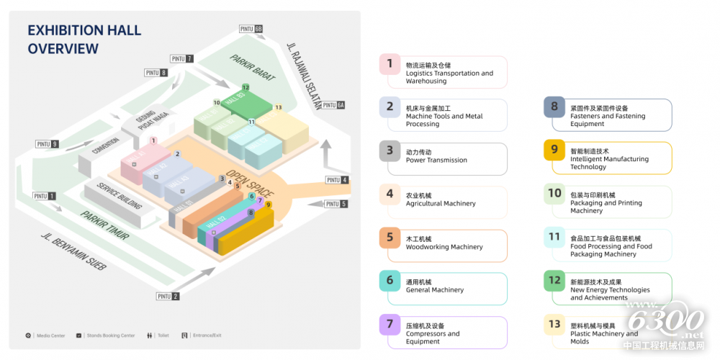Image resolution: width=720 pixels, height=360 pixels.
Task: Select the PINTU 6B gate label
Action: point(251,29)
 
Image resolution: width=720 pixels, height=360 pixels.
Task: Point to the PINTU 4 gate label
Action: point(337,180)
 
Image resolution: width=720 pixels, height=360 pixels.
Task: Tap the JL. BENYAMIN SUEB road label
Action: point(73,251)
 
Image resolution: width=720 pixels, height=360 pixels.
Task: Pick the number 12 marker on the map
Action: point(246,88)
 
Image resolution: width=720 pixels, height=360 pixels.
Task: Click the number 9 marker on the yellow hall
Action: point(268,204)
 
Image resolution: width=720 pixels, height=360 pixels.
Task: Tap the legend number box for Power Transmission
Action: point(390,151)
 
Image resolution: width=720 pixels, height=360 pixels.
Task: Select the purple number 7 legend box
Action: point(390,325)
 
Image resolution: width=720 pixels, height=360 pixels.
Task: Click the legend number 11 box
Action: point(554,237)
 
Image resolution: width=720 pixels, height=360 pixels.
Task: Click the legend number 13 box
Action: point(554,325)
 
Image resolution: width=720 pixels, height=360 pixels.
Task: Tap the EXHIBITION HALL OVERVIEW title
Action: point(84,40)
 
